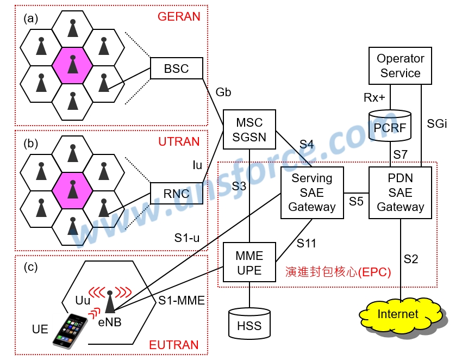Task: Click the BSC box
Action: (176, 69)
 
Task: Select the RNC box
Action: (176, 193)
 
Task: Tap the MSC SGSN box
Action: (249, 130)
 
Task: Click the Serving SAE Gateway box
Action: (312, 193)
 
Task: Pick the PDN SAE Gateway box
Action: (400, 193)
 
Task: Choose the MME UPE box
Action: (249, 263)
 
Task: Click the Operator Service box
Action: (400, 66)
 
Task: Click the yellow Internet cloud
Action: (400, 314)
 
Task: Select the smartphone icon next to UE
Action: (70, 329)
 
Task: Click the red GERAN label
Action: (179, 16)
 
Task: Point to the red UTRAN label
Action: (179, 142)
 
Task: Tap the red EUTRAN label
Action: (174, 345)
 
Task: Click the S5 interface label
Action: (357, 201)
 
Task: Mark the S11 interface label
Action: (307, 243)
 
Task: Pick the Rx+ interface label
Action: (375, 98)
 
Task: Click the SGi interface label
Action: (437, 124)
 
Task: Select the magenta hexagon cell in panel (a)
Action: (72, 66)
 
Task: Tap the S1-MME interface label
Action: (182, 300)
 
